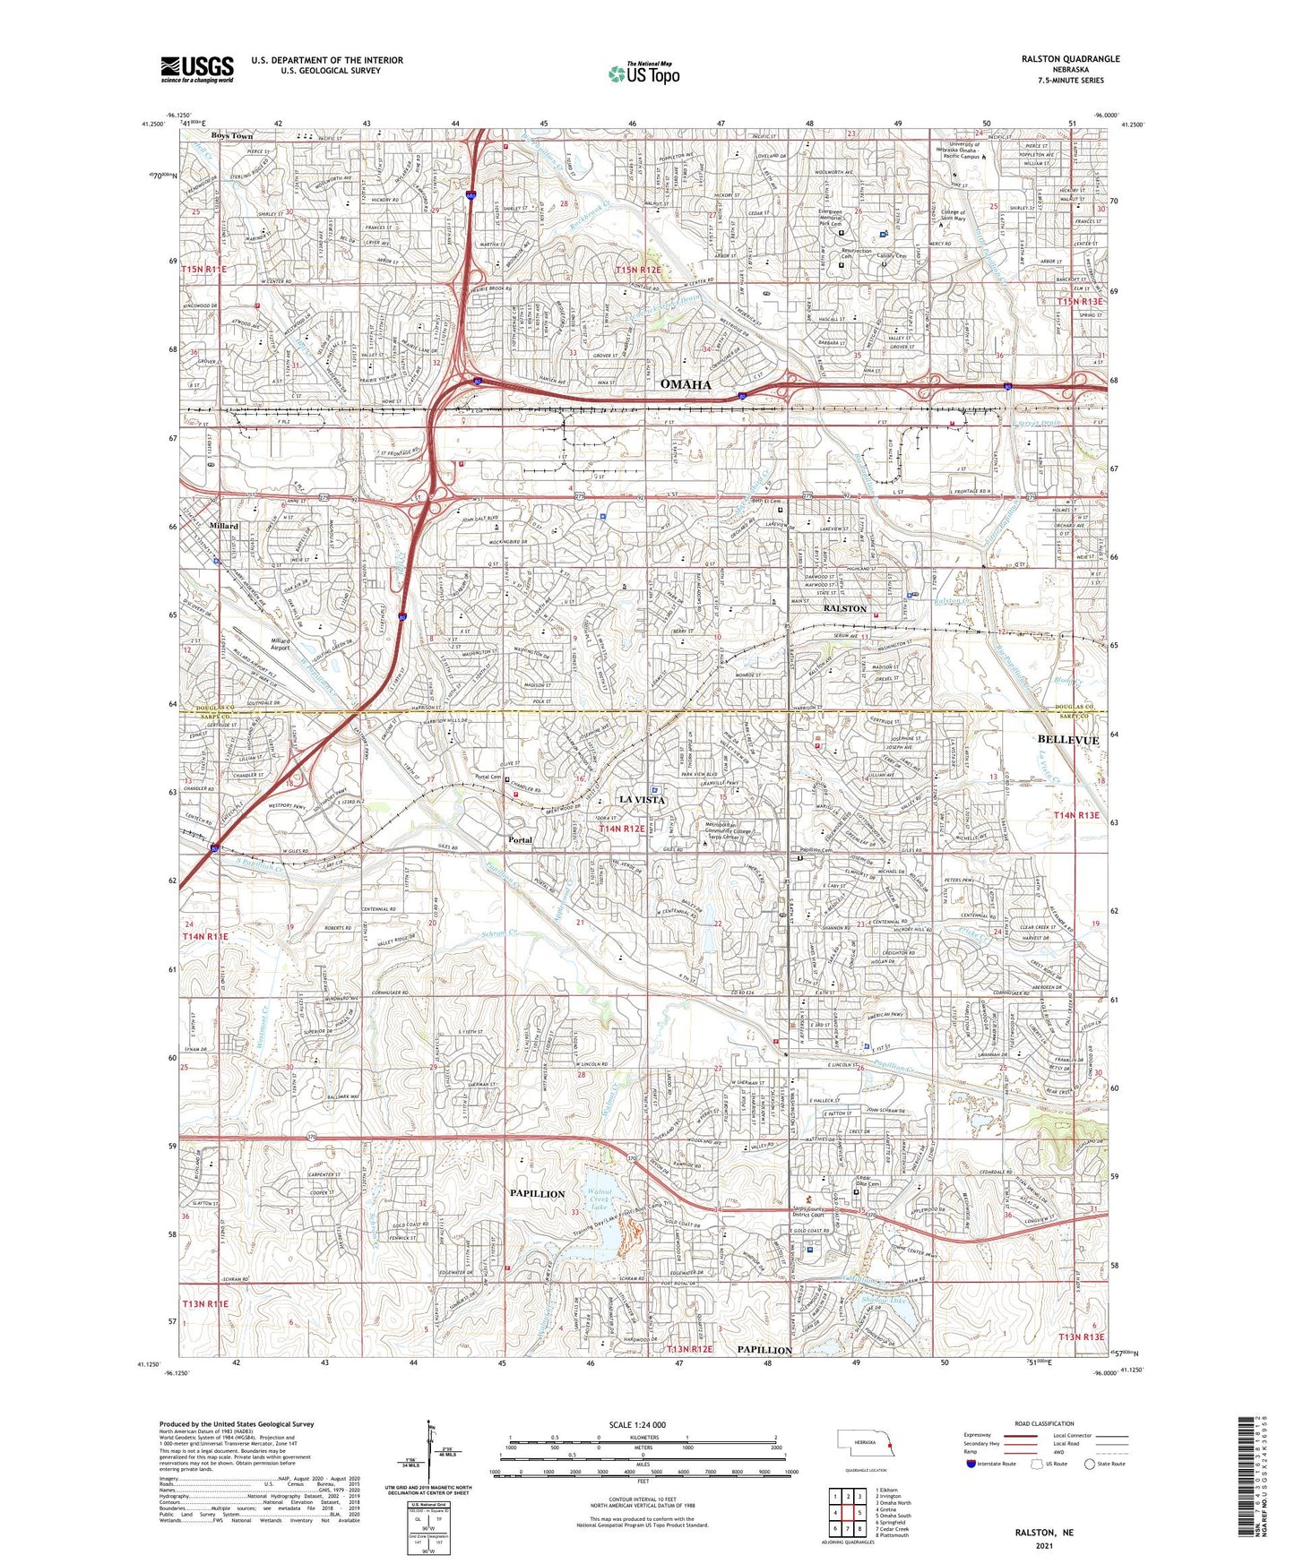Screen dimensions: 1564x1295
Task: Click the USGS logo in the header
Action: coord(196,69)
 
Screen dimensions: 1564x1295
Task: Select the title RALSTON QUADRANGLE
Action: coord(1070,59)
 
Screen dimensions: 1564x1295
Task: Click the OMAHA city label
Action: coord(686,384)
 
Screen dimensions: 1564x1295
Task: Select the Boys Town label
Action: coord(231,135)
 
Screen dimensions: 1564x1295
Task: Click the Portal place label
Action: coord(520,840)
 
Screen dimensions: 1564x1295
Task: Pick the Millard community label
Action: coord(223,526)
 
